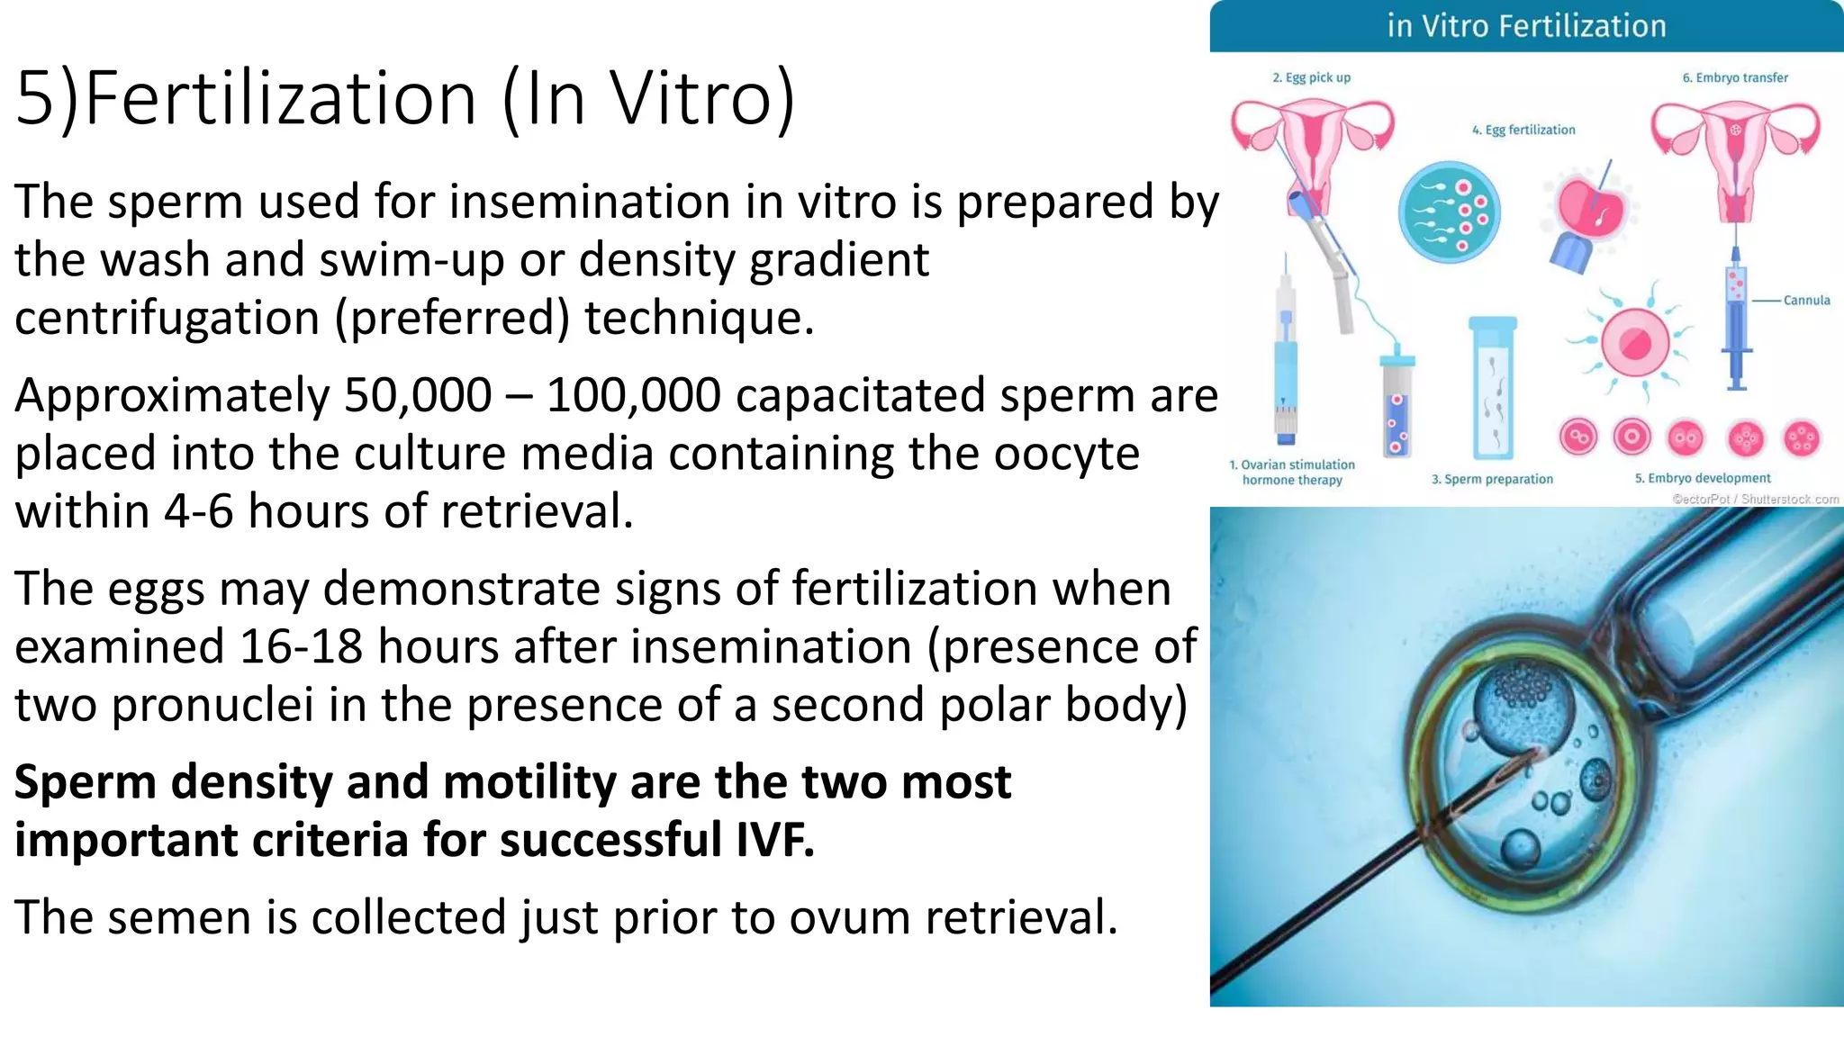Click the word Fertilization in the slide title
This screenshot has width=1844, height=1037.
click(x=281, y=98)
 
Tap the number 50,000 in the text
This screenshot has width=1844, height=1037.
click(x=418, y=396)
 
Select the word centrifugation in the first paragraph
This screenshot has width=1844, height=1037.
click(x=167, y=319)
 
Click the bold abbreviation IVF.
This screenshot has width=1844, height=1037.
click(x=774, y=840)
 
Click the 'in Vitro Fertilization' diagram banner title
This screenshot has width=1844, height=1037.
click(x=1526, y=26)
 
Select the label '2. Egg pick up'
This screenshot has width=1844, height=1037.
click(x=1311, y=78)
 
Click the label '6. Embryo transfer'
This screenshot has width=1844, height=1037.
click(x=1735, y=78)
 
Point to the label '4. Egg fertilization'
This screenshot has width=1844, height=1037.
click(x=1523, y=131)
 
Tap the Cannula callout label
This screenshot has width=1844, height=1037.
click(x=1806, y=301)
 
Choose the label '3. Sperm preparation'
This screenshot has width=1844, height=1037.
click(x=1492, y=480)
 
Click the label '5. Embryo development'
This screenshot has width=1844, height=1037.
click(x=1703, y=479)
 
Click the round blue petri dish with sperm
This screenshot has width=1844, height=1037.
click(x=1449, y=212)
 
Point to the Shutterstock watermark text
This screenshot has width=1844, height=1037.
click(x=1755, y=500)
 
